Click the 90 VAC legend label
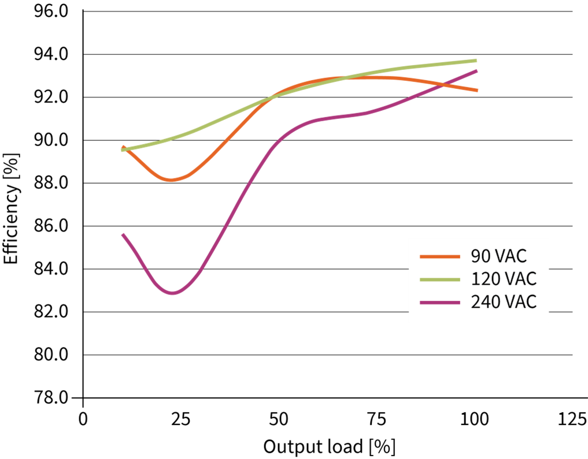(x=498, y=256)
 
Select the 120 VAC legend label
(x=504, y=279)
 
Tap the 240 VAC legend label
(x=504, y=302)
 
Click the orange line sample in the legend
(x=440, y=256)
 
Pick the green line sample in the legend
(x=440, y=279)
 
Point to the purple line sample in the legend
(x=440, y=302)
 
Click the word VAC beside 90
(x=511, y=256)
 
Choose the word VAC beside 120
(x=520, y=279)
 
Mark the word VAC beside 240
(x=520, y=302)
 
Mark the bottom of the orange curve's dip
(x=172, y=180)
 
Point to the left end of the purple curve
(x=123, y=234)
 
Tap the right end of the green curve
(x=476, y=60)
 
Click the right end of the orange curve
(x=477, y=90)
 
